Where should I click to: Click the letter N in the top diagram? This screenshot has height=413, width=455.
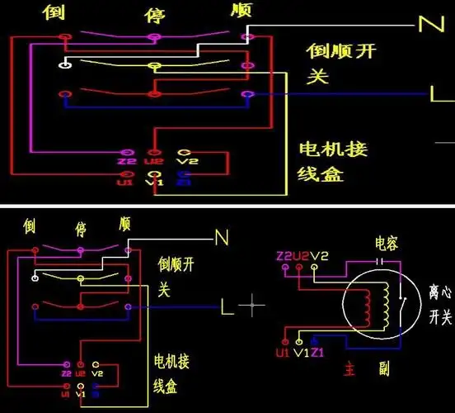point(429,24)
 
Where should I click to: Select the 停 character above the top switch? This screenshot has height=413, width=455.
point(154,15)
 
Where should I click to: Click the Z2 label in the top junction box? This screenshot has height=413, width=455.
point(125,163)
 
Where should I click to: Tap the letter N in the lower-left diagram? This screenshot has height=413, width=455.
point(221,238)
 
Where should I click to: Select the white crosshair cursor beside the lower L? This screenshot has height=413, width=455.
point(252,306)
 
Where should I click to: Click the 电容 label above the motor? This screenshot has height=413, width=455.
point(387,244)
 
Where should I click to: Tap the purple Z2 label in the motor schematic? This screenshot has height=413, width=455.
point(284,257)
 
